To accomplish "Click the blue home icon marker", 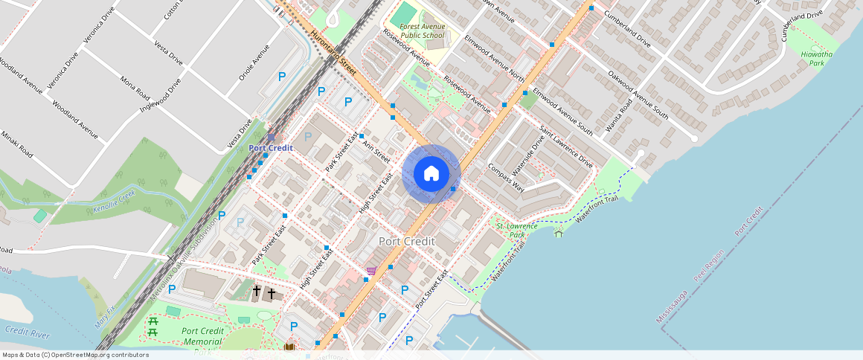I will (x=431, y=174).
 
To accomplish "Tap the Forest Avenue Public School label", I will (x=422, y=30).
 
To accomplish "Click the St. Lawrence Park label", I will (x=511, y=230).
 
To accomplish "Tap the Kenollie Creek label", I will (x=115, y=202).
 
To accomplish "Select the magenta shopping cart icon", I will (x=370, y=271).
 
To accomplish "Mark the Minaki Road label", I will (x=16, y=144).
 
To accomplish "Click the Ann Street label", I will (x=376, y=149).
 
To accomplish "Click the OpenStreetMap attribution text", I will (x=74, y=355).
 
